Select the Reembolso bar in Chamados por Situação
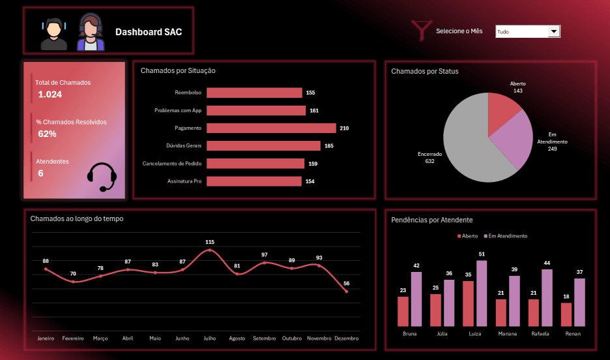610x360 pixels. pyautogui.click(x=254, y=93)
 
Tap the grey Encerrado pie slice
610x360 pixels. pyautogui.click(x=463, y=147)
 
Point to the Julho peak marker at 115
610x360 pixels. pyautogui.click(x=210, y=250)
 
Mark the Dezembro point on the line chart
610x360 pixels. pyautogui.click(x=346, y=292)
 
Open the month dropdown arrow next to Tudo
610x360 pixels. pyautogui.click(x=554, y=31)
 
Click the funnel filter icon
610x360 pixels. pyautogui.click(x=421, y=30)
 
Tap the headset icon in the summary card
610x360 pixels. pyautogui.click(x=102, y=177)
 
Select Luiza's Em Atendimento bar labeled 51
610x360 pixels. pyautogui.click(x=482, y=293)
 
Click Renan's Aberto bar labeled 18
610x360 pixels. pyautogui.click(x=566, y=314)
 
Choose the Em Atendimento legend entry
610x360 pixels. pyautogui.click(x=508, y=236)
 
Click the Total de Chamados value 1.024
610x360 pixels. pyautogui.click(x=50, y=95)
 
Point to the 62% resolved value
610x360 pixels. pyautogui.click(x=47, y=134)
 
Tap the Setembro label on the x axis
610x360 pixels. pyautogui.click(x=265, y=338)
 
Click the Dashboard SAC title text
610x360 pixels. pyautogui.click(x=149, y=32)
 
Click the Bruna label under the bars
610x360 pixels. pyautogui.click(x=409, y=333)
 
